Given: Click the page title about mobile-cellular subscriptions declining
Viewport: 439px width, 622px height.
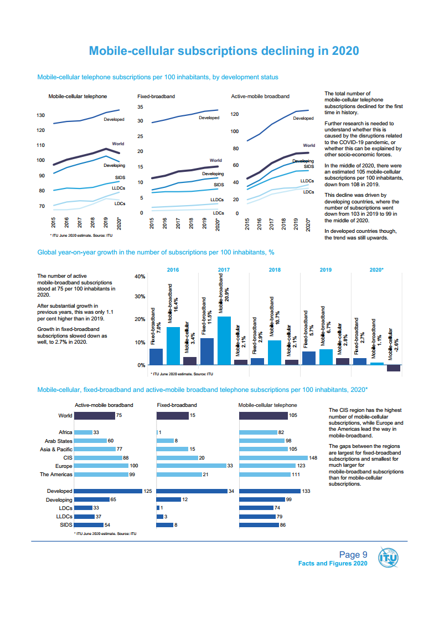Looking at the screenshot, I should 224,51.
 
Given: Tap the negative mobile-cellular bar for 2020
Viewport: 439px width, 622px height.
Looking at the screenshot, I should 393,368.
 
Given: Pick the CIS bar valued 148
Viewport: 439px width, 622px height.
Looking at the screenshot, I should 273,458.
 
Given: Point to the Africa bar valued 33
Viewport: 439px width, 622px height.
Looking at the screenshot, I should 83,432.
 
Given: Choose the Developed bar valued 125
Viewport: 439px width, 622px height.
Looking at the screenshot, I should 108,491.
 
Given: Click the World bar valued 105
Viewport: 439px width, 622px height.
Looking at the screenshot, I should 263,415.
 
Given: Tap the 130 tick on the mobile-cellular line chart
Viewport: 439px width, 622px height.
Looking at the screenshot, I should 41,115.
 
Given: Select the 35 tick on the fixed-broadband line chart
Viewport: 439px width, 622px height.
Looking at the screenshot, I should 141,107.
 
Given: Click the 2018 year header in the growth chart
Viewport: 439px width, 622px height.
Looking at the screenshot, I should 275,269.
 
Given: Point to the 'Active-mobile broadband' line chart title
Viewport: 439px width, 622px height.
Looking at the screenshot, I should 260,96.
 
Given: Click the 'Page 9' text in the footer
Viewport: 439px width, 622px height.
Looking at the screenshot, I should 353,555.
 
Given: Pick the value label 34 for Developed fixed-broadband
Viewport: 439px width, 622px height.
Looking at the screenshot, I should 231,491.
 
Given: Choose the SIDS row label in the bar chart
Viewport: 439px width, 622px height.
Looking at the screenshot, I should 66,524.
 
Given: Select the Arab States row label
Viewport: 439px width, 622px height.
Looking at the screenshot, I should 59,441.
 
